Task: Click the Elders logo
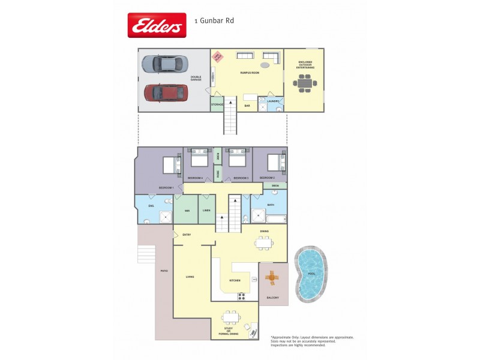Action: [156, 25]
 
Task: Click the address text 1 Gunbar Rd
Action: [214, 20]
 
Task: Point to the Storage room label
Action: [217, 105]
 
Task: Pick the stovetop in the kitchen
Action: [242, 295]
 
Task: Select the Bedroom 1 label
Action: [166, 188]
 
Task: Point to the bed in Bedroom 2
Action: [274, 162]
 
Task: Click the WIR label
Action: [187, 211]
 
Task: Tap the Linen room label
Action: [206, 211]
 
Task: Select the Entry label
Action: [187, 235]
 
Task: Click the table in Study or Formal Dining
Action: [231, 317]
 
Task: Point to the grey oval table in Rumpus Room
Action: [265, 65]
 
